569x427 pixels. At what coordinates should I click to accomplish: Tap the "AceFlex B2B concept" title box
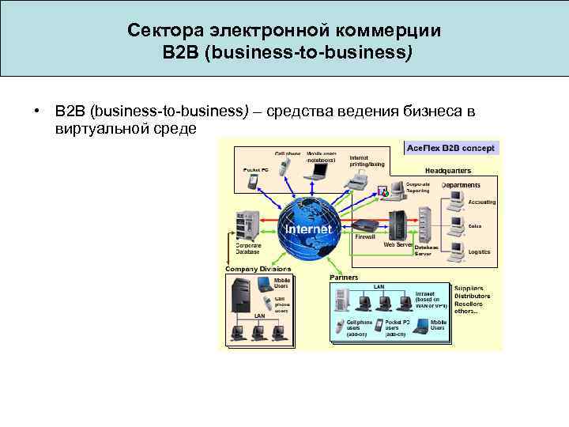click(450, 148)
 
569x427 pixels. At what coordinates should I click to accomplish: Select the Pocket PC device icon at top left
click(254, 181)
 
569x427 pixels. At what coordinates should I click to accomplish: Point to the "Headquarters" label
click(448, 170)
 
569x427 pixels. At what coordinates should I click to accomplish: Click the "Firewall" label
click(365, 236)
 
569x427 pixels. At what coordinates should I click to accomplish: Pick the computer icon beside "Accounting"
click(456, 201)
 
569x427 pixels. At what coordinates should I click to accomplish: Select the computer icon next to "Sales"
click(456, 226)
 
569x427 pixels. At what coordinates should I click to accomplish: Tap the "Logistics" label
click(479, 251)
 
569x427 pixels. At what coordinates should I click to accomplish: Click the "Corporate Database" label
click(248, 249)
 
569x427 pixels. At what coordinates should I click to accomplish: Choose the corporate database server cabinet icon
click(247, 225)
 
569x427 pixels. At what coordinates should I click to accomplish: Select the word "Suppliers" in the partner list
click(471, 289)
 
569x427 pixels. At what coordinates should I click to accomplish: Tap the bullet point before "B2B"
click(36, 111)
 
